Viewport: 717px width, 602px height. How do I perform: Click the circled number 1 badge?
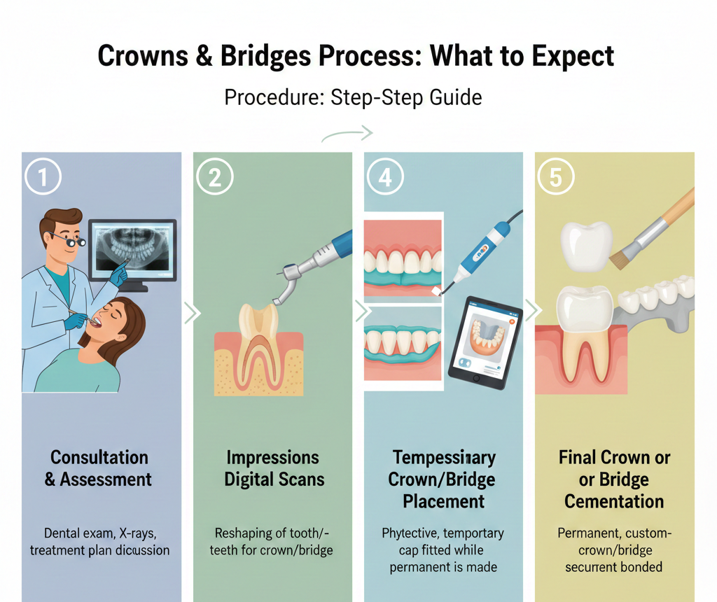(43, 178)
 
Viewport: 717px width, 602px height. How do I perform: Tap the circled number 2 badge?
(214, 178)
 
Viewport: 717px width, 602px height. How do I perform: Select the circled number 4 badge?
(385, 178)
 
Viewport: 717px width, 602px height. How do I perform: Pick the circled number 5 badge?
(555, 178)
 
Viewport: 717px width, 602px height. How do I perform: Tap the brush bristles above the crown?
(620, 260)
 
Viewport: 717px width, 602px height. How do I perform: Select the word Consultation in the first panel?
(99, 458)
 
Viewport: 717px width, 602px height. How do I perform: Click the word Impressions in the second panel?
(273, 458)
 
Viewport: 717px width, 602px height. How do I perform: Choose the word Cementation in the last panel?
(614, 501)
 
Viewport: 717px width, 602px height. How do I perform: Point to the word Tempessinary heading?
(444, 458)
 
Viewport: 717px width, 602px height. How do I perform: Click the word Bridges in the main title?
(256, 56)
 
